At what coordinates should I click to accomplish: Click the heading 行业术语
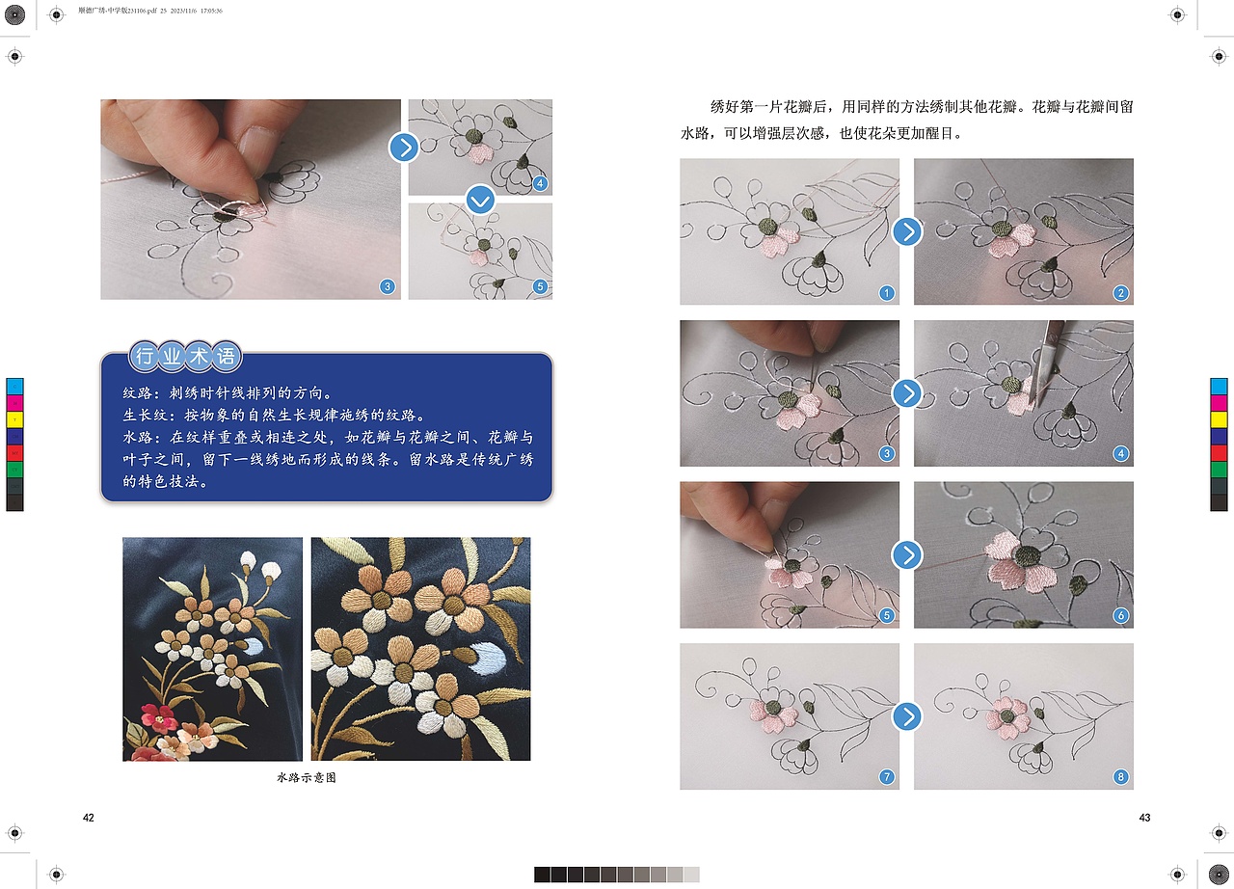click(185, 357)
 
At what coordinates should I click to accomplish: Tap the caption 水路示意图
click(306, 777)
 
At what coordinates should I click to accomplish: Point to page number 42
click(89, 818)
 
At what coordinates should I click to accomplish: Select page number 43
click(1144, 818)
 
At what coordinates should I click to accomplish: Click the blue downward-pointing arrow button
click(480, 201)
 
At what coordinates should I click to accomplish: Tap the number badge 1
click(886, 293)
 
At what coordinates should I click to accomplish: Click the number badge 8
click(1120, 777)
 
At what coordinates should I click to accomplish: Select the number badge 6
click(1120, 615)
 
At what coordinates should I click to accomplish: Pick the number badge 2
click(1120, 293)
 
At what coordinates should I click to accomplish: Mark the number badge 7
click(886, 777)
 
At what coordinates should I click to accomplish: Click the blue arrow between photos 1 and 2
click(906, 231)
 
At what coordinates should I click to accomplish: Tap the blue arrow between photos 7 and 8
click(906, 716)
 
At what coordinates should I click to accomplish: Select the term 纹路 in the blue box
click(139, 393)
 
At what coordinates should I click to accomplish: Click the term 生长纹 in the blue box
click(145, 416)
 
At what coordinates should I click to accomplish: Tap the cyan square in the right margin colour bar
click(1219, 387)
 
